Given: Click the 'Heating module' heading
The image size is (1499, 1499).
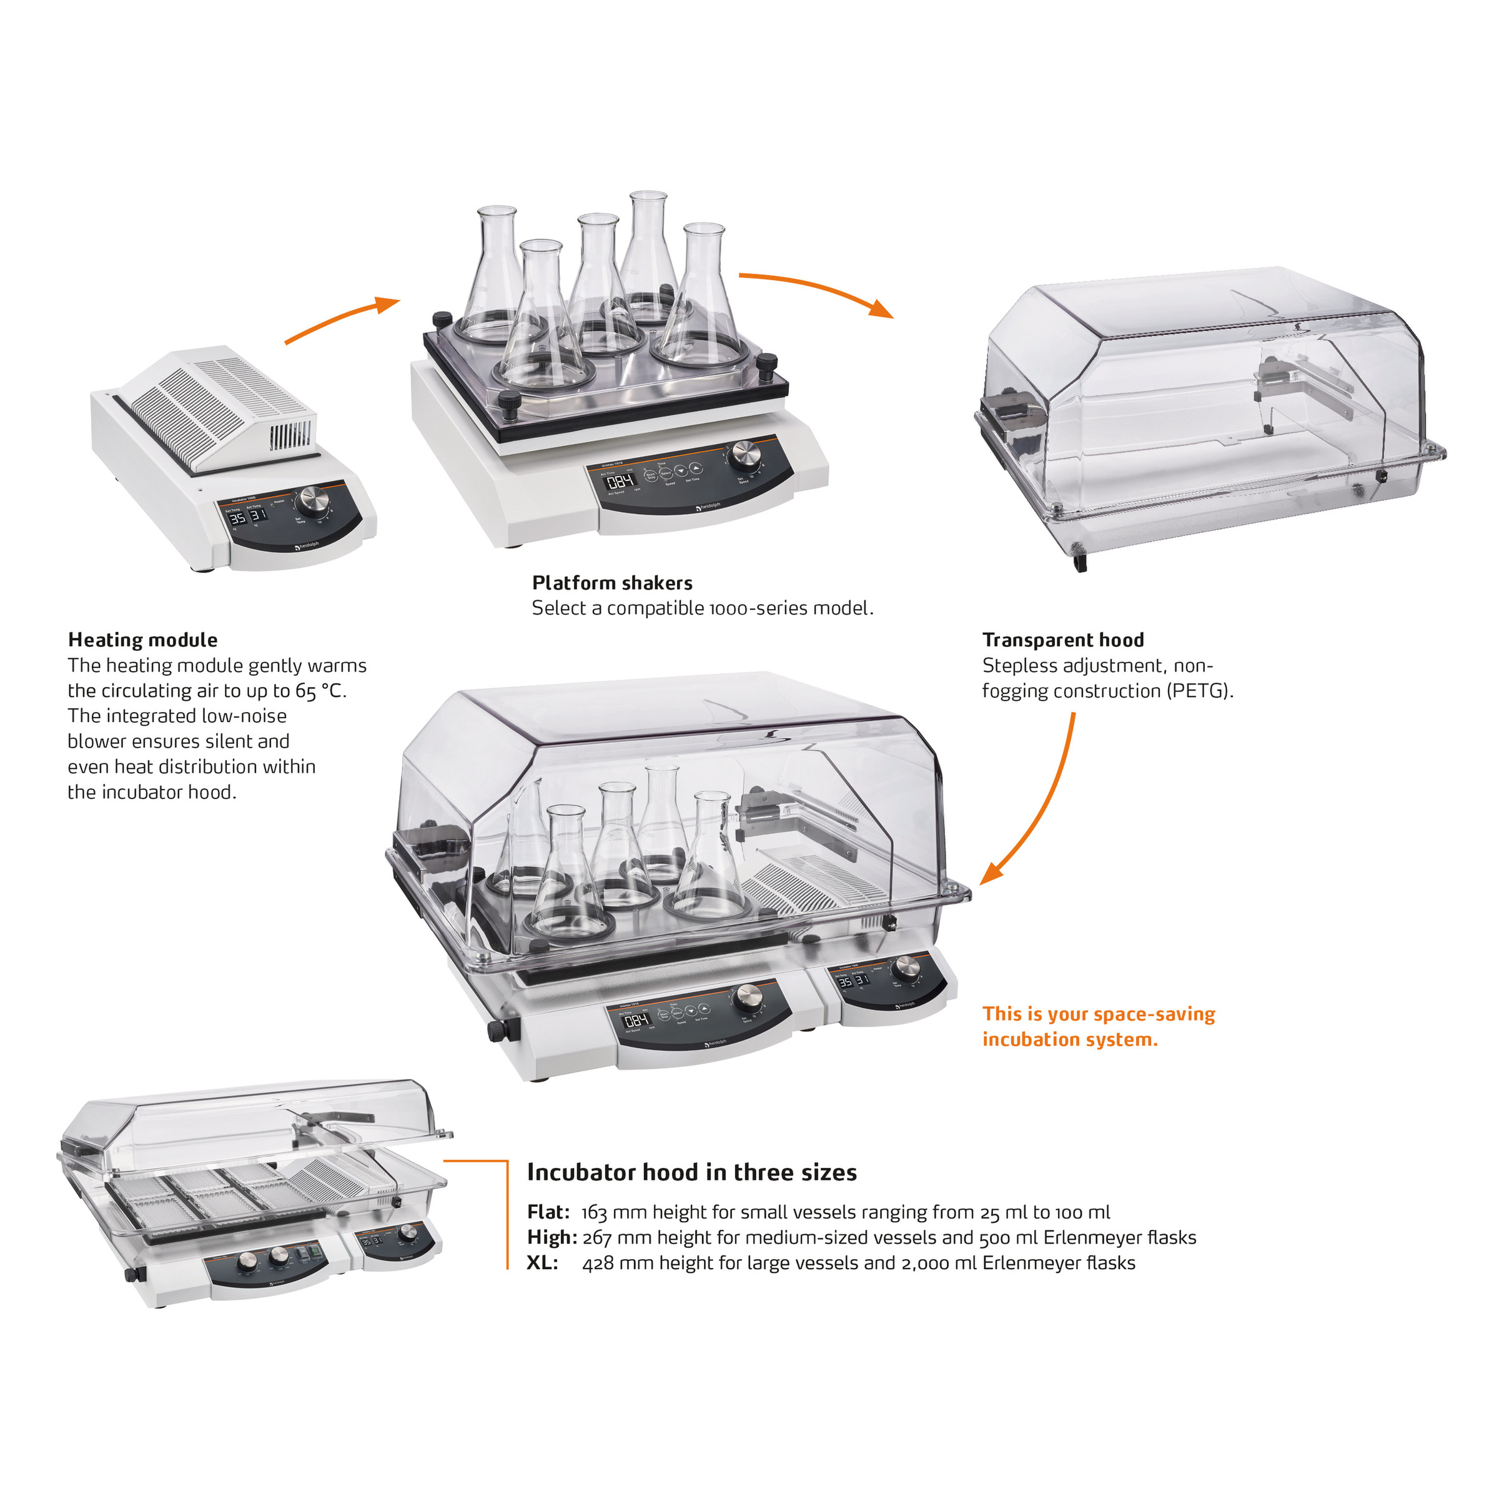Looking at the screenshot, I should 143,640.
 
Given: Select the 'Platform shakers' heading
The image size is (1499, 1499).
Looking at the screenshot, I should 612,583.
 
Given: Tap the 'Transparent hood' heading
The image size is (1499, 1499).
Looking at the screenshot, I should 1063,640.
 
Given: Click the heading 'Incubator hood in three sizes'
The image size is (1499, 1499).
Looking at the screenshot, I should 691,1172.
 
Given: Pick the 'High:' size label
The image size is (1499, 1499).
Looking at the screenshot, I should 552,1237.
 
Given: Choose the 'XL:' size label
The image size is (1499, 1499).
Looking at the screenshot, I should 542,1263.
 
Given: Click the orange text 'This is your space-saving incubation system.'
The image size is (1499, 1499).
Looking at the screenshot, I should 1098,1026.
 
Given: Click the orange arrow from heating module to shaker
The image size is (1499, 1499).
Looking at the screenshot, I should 342,319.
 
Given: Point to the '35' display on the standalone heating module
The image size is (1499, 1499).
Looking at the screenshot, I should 237,518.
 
